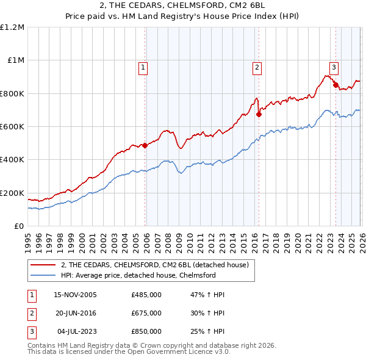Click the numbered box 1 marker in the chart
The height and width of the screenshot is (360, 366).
coord(143,68)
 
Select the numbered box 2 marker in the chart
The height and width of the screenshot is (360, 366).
coord(257,68)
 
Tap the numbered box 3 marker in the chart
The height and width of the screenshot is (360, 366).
coord(334,68)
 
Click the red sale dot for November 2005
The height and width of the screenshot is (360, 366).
coord(145,145)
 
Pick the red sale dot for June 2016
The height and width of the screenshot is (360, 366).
coord(259,113)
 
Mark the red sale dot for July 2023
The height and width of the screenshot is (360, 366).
coord(335,85)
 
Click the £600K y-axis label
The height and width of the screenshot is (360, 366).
coord(12,127)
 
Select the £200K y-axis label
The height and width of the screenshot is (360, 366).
coord(12,193)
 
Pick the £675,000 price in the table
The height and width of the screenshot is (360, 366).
coord(146,313)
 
